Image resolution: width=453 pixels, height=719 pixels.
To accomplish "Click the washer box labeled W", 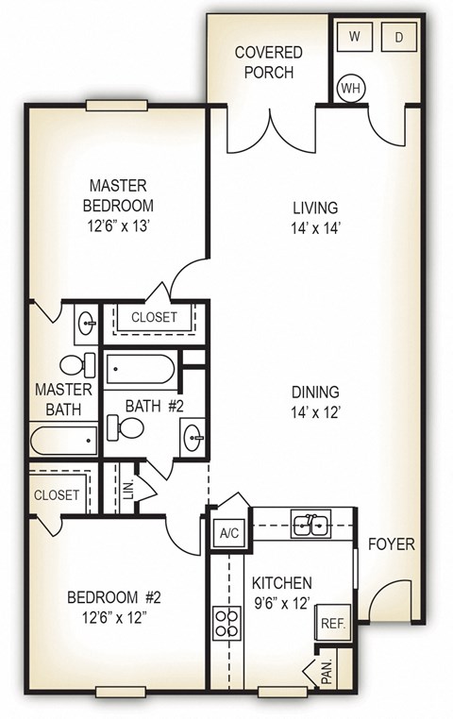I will [355, 37].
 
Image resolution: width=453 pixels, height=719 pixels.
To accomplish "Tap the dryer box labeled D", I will [397, 37].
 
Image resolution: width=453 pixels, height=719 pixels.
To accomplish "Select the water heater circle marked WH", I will [352, 88].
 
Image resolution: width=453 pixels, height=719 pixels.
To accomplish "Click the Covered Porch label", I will [269, 62].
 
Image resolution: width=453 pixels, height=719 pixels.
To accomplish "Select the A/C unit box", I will [227, 533].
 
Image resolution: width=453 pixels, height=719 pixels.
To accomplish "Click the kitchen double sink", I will [310, 524].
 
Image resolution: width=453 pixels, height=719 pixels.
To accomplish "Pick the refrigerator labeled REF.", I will [333, 624].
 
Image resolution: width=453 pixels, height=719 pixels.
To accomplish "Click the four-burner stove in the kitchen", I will [227, 622].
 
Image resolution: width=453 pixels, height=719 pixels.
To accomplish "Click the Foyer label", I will [391, 545].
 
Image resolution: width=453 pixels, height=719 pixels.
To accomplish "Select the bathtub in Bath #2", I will [140, 369].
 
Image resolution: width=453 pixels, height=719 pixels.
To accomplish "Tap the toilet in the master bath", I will [75, 363].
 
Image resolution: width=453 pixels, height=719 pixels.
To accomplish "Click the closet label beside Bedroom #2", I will [57, 494].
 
